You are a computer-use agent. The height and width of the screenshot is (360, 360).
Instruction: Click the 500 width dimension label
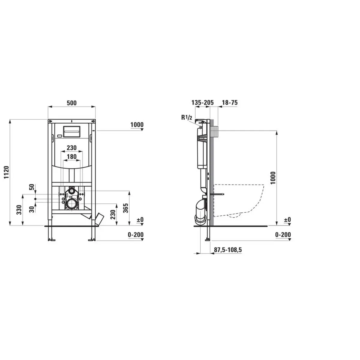click(x=72, y=103)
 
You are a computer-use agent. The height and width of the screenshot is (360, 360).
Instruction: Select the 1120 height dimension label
click(x=7, y=172)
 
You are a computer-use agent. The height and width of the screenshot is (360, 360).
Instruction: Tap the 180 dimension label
click(x=72, y=157)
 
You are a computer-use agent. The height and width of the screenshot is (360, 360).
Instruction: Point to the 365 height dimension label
click(x=126, y=208)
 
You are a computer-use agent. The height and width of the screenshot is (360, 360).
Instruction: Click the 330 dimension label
click(x=19, y=210)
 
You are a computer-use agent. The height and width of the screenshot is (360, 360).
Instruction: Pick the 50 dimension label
click(x=32, y=187)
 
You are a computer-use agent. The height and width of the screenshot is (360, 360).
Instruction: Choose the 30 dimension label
click(x=32, y=209)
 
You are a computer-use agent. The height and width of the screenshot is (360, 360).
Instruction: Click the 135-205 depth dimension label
click(x=202, y=103)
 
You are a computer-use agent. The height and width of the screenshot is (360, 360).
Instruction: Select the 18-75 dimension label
click(x=230, y=103)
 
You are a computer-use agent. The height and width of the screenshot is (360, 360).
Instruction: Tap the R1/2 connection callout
click(x=187, y=117)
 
